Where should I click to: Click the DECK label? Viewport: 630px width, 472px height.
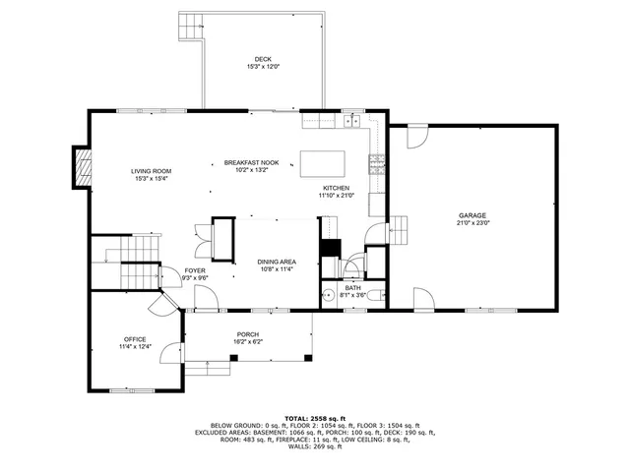tap(262, 59)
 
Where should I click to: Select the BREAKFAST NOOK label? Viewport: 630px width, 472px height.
tap(251, 162)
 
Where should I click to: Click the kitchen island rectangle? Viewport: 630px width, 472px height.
tap(324, 161)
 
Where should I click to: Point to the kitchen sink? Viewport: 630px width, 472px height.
tap(350, 121)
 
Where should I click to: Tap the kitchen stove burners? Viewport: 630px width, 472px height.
tap(375, 165)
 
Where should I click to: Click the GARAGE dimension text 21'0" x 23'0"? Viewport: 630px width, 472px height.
tap(472, 223)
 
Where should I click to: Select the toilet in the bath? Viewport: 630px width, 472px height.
tap(354, 267)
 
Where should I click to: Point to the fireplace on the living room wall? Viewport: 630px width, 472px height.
tap(82, 168)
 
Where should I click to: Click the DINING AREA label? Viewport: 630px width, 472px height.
tap(277, 262)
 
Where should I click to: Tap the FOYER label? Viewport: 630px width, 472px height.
tap(195, 271)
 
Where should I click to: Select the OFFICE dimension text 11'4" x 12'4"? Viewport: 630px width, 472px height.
tap(135, 346)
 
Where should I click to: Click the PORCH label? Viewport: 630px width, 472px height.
tap(247, 333)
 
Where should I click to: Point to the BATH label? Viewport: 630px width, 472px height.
tap(352, 287)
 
